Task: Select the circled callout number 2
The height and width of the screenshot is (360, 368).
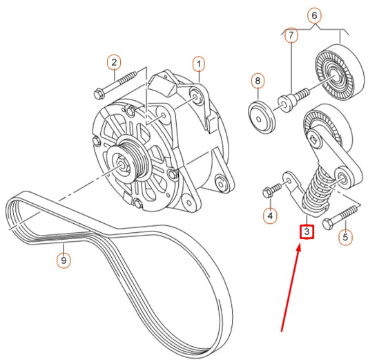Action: pos(114,64)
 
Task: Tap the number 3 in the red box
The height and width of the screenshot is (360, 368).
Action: pos(307,232)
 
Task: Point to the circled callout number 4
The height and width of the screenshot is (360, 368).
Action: pos(271,216)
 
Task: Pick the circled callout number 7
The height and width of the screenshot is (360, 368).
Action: pos(291,35)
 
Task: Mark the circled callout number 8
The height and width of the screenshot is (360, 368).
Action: pos(258,82)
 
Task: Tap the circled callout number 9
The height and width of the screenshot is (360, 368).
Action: pos(63,261)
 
